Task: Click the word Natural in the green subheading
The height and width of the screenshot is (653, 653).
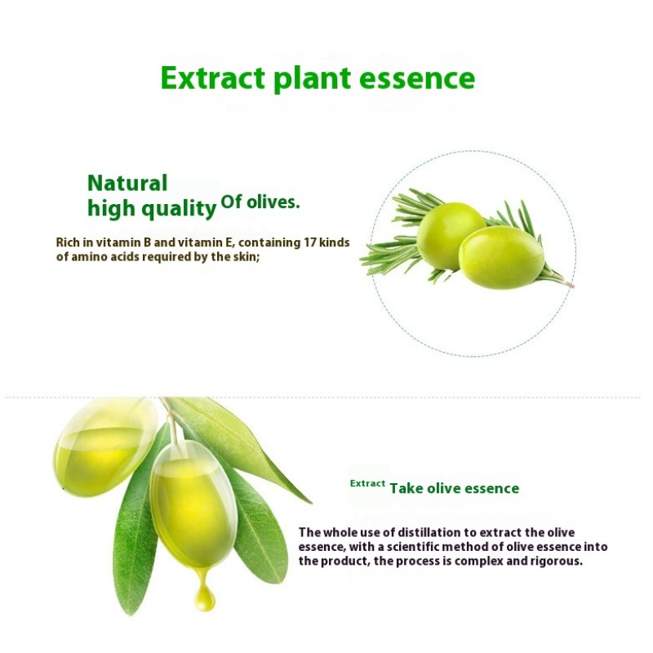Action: [127, 184]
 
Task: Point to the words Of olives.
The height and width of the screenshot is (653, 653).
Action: [260, 202]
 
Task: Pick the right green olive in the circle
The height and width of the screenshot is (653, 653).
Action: [501, 257]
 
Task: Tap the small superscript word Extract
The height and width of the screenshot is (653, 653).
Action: [367, 483]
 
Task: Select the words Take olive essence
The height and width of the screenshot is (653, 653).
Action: [455, 488]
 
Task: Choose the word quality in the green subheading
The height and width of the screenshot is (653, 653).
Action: [179, 209]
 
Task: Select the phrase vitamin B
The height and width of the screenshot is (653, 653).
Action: [130, 242]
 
